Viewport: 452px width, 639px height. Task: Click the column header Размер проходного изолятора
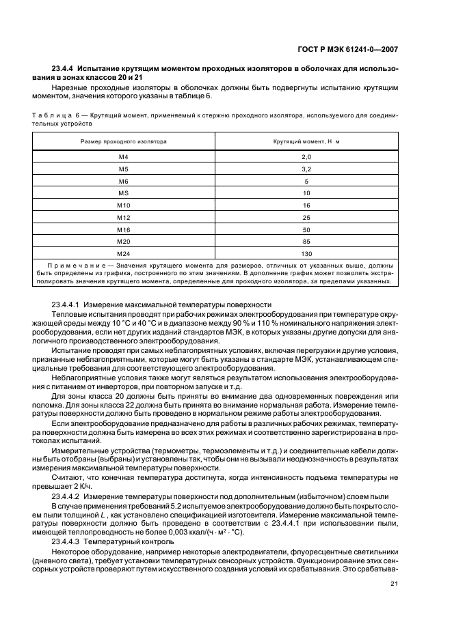(123, 141)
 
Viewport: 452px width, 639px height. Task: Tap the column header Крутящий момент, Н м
(306, 141)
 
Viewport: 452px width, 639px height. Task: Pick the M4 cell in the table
(123, 156)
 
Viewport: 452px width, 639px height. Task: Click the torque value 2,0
(306, 156)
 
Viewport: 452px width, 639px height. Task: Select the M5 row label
(123, 169)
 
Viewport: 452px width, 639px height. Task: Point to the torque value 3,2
(306, 169)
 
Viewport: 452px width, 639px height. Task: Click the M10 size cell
(123, 205)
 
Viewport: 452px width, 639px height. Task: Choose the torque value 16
(306, 205)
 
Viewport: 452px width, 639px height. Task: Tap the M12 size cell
(123, 217)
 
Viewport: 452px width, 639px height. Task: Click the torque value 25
(306, 217)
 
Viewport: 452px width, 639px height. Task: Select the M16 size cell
(123, 229)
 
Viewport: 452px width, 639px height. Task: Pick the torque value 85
(306, 241)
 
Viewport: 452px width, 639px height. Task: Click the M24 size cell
(123, 253)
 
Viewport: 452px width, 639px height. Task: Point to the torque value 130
(306, 253)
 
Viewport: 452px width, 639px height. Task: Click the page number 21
(395, 583)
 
